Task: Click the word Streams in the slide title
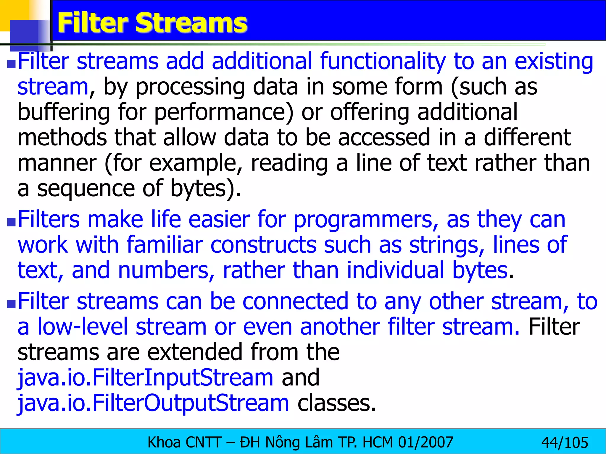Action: [x=191, y=23]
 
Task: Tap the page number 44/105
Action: [x=565, y=443]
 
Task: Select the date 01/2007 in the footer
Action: [x=426, y=442]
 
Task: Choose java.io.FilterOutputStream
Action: [x=153, y=403]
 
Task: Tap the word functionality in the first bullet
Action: [x=383, y=61]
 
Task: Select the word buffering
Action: [x=64, y=113]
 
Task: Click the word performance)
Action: [x=224, y=113]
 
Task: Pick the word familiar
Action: [x=165, y=245]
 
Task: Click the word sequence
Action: [x=86, y=189]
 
